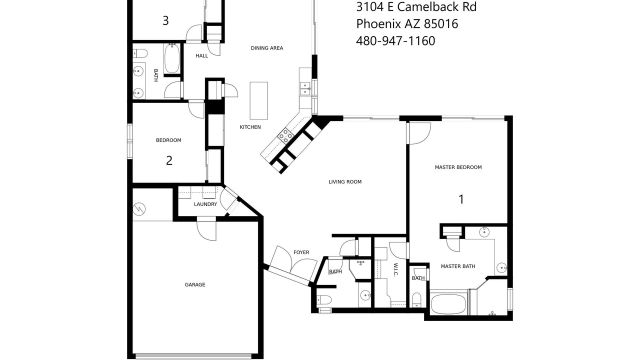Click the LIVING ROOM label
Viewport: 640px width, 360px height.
[x=345, y=181]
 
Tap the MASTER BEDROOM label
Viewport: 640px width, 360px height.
[x=458, y=167]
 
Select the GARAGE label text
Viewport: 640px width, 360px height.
[x=195, y=284]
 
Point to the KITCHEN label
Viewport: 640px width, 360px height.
[x=250, y=127]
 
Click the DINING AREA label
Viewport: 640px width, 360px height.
[x=267, y=48]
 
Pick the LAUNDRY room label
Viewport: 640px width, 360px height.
[x=205, y=204]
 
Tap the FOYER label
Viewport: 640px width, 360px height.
[x=301, y=252]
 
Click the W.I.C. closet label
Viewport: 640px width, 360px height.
[x=395, y=269]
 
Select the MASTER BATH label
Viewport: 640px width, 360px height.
[x=458, y=266]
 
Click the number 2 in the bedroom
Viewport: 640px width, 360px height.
[x=169, y=161]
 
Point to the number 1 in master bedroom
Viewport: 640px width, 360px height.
[x=461, y=199]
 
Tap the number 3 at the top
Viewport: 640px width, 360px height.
[x=165, y=20]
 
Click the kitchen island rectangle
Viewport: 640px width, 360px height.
[x=259, y=100]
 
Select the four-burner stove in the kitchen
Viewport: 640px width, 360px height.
[x=285, y=135]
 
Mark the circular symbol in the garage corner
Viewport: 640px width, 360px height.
[x=139, y=209]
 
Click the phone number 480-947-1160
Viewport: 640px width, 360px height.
[x=395, y=41]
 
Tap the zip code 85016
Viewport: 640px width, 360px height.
[x=441, y=23]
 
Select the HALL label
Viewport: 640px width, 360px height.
[x=201, y=55]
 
